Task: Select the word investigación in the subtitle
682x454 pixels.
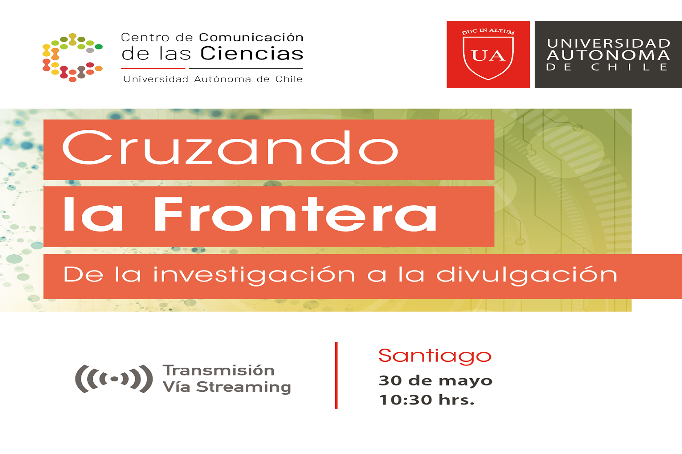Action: (254, 275)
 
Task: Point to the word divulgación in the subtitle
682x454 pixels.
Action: (527, 275)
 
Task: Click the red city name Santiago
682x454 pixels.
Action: (435, 356)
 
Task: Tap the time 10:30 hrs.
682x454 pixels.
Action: (426, 400)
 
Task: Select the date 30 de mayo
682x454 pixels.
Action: (435, 380)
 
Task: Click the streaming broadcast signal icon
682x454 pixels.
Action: (114, 379)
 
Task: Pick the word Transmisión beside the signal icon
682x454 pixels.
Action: (219, 370)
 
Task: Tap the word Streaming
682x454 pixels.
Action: (243, 387)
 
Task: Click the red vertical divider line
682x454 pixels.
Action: (336, 375)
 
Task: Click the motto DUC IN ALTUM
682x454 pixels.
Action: (488, 31)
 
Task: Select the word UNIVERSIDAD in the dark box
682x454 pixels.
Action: (608, 44)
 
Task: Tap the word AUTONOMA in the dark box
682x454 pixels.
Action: (608, 55)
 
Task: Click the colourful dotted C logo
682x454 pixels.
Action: (72, 57)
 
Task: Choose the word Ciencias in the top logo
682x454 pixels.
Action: (252, 54)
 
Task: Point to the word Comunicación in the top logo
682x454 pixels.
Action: (251, 37)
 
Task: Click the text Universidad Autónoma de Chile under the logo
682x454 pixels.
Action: (213, 79)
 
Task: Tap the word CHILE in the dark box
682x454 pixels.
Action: (629, 67)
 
